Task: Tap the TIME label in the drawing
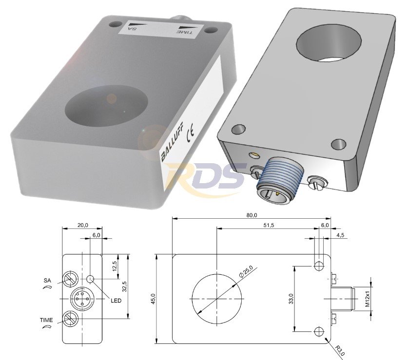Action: click(x=46, y=320)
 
